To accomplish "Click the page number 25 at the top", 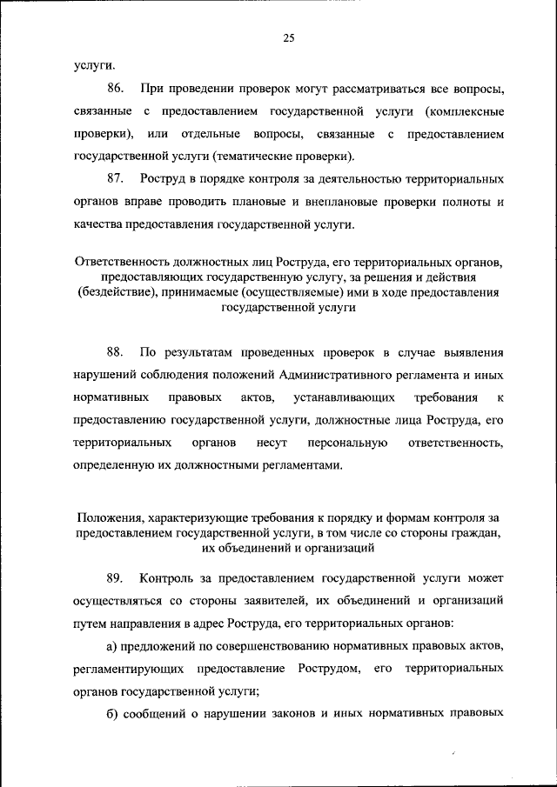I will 289,37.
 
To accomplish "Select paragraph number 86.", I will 116,90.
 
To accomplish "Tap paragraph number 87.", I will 116,178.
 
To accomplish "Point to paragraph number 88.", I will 116,351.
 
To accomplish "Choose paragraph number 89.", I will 116,577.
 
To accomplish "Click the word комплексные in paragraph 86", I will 467,112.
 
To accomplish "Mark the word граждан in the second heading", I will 477,534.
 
